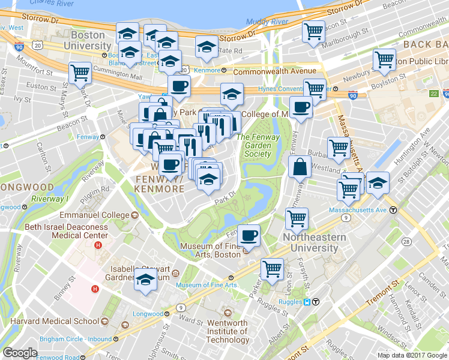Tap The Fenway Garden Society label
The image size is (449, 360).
pyautogui.click(x=258, y=145)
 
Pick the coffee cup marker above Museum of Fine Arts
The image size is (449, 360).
pyautogui.click(x=249, y=235)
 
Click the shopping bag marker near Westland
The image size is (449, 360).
pyautogui.click(x=299, y=167)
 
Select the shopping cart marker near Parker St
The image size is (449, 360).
pyautogui.click(x=272, y=268)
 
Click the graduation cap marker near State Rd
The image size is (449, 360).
pyautogui.click(x=206, y=47)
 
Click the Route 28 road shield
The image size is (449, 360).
pyautogui.click(x=406, y=241)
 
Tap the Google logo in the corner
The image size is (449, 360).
pyautogui.click(x=20, y=353)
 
